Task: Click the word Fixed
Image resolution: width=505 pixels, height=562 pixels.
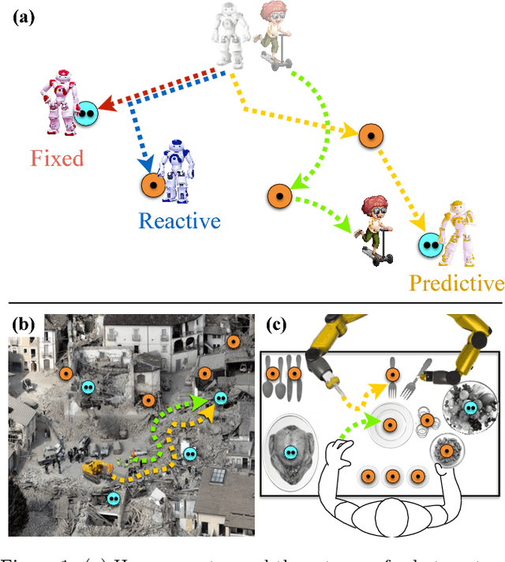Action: [x=57, y=158]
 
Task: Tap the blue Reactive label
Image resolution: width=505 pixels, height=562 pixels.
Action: [x=180, y=220]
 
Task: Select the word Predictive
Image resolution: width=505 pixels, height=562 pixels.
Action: [x=456, y=283]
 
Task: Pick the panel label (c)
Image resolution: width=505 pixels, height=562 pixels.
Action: [x=277, y=324]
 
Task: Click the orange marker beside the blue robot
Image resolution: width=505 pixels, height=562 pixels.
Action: [x=151, y=186]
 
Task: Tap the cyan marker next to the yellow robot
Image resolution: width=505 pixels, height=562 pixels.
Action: [x=430, y=245]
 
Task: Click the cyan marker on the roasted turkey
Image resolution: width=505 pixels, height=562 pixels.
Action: [x=291, y=452]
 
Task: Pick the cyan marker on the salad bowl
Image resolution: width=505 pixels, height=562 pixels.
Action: [x=471, y=407]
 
